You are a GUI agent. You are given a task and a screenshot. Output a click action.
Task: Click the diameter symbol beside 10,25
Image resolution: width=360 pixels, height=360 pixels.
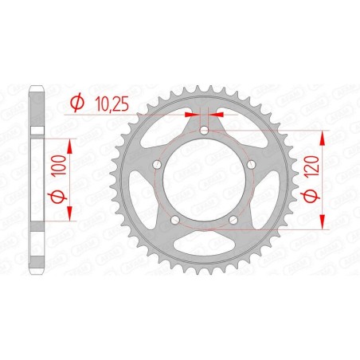pos(78,102)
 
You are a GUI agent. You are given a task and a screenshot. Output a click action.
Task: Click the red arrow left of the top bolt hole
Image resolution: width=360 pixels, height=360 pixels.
pos(190,115)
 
